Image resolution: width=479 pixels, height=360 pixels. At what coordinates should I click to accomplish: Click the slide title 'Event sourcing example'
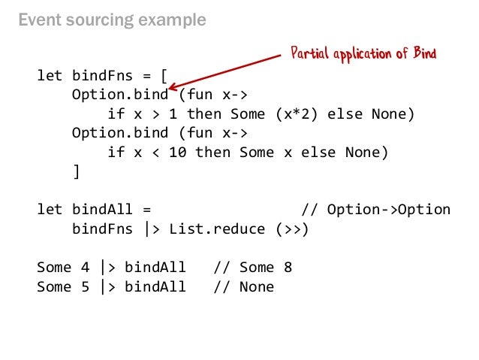[x=112, y=20]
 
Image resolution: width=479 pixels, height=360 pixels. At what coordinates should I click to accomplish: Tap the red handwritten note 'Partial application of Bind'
[x=363, y=53]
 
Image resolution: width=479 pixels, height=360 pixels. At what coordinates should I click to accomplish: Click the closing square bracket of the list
[x=76, y=171]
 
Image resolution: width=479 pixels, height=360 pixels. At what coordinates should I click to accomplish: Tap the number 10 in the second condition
[x=178, y=153]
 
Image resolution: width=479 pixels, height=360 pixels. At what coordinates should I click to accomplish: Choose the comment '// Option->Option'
[x=375, y=210]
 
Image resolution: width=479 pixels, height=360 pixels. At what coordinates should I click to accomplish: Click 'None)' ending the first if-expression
[x=393, y=114]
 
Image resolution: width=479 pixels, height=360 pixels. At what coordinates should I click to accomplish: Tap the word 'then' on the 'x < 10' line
[x=212, y=153]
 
